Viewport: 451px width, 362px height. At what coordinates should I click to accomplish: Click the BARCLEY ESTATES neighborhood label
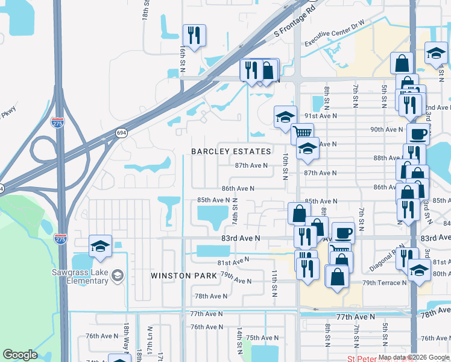(x=231, y=151)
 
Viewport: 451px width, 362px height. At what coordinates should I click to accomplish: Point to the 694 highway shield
(x=121, y=132)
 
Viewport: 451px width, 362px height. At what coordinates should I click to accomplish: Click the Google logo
(x=20, y=355)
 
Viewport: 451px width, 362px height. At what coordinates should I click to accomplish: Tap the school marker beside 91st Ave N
(x=285, y=117)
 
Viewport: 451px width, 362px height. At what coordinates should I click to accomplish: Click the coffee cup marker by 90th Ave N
(x=418, y=133)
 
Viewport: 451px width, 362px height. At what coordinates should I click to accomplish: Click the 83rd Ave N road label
(x=240, y=238)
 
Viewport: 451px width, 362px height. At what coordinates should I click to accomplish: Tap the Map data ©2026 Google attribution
(x=414, y=357)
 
